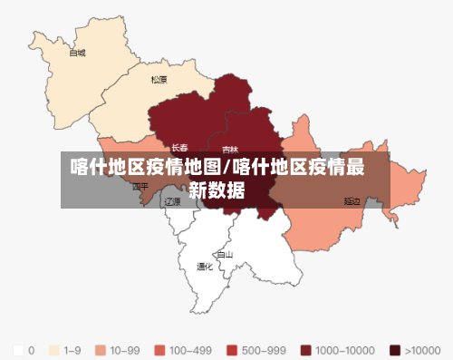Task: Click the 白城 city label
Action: point(77,53)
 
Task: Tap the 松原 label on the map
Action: point(159,80)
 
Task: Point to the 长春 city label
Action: point(180,147)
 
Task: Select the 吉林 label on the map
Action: point(230,150)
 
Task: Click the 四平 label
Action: point(140,187)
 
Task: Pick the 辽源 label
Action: point(172,202)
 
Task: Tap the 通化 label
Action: point(206,267)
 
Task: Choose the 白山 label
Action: point(225,255)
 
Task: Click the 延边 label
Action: point(352,200)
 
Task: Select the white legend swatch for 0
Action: point(18,349)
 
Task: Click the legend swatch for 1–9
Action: point(54,349)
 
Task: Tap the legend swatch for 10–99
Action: point(101,349)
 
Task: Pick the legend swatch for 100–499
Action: point(159,349)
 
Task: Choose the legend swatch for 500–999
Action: point(232,349)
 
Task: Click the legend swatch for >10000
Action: point(394,349)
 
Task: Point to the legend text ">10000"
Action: point(424,349)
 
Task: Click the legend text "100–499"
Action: point(190,349)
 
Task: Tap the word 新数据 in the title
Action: point(217,190)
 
